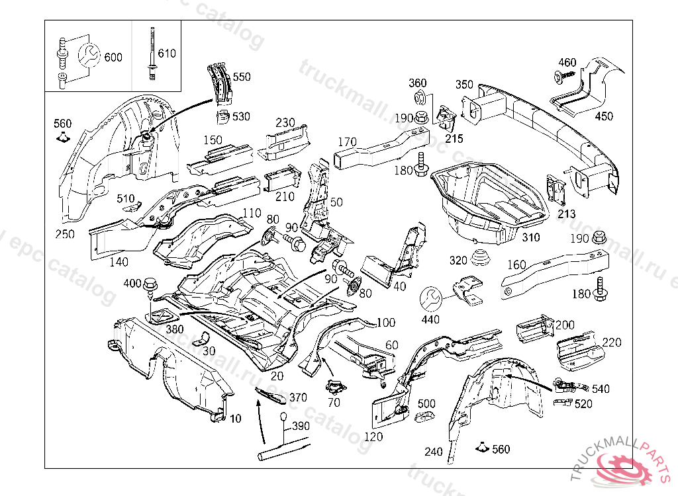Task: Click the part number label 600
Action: pos(113,58)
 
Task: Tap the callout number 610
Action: pos(167,53)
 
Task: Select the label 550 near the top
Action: pos(242,77)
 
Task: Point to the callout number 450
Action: pos(604,116)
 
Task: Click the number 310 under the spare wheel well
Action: pos(531,237)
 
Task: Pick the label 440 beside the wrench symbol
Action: pos(430,320)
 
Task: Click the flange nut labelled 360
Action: pos(418,100)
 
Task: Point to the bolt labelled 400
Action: pos(150,285)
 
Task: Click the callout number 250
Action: pos(65,234)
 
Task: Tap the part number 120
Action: pos(374,437)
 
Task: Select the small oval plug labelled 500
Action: pos(424,416)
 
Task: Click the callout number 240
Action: pos(433,452)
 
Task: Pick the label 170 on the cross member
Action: pos(348,142)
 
